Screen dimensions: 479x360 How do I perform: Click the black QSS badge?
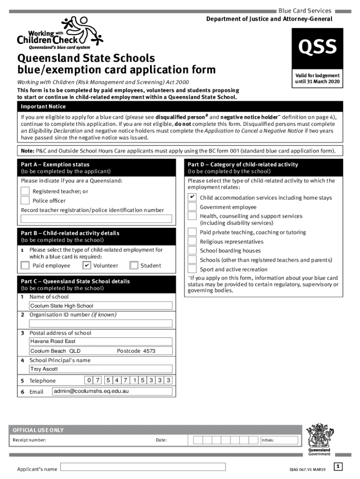click(x=317, y=47)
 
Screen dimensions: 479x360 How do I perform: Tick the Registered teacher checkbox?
click(x=25, y=191)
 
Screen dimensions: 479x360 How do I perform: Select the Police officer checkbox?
click(x=25, y=200)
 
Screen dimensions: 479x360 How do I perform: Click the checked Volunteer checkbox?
click(x=86, y=266)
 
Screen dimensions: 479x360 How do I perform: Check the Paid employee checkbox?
click(x=25, y=266)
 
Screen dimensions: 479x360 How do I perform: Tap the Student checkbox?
click(x=134, y=266)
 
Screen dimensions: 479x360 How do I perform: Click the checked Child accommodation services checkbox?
click(x=192, y=197)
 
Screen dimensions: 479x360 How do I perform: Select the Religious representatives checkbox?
click(x=192, y=241)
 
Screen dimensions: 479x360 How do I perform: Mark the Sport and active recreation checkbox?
click(x=192, y=269)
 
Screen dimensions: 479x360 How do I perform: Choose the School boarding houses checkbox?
click(x=192, y=251)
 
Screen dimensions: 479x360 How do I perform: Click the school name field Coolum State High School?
click(x=101, y=306)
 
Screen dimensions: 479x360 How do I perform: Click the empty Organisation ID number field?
click(x=101, y=323)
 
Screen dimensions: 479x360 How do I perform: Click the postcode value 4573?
click(x=149, y=351)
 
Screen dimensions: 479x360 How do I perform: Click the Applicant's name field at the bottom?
click(x=143, y=467)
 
